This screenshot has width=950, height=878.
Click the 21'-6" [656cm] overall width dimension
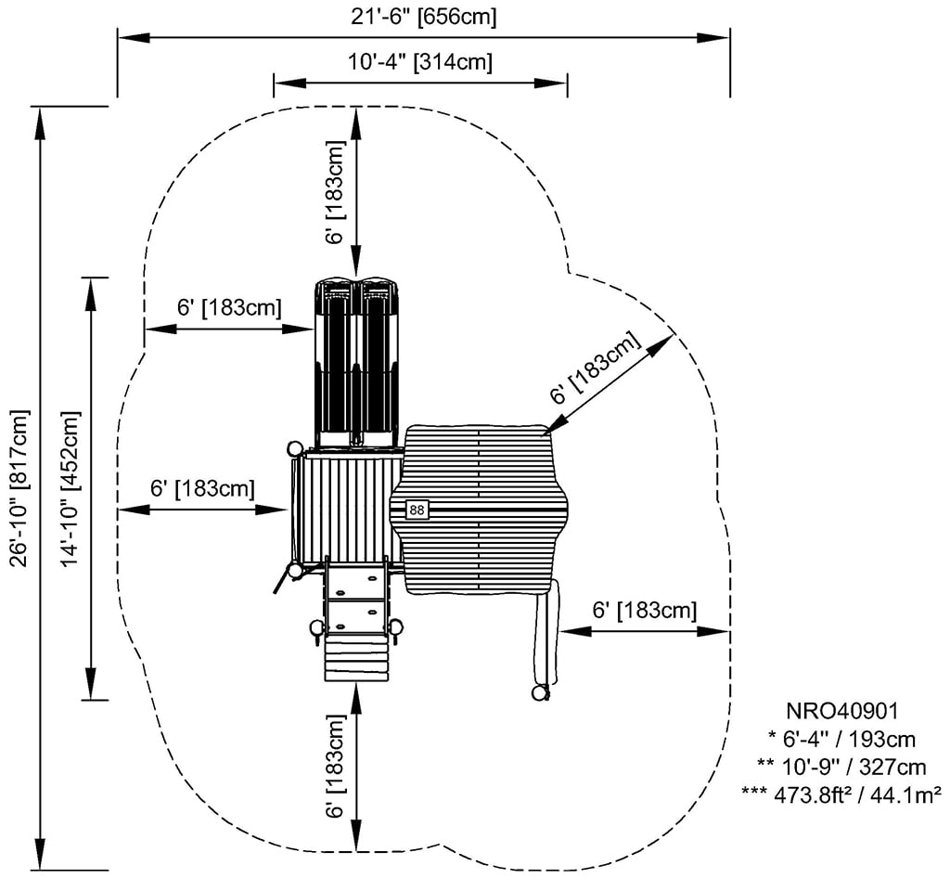pyautogui.click(x=422, y=17)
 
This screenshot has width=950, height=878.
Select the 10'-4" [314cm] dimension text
pyautogui.click(x=420, y=62)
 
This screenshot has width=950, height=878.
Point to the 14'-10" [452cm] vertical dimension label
pyautogui.click(x=69, y=487)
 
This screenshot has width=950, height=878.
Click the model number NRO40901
pyautogui.click(x=841, y=712)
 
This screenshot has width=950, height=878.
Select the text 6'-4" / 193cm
pyautogui.click(x=841, y=740)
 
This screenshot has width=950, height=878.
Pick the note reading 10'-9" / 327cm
pyautogui.click(x=841, y=767)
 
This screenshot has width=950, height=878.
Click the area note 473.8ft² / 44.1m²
pyautogui.click(x=841, y=794)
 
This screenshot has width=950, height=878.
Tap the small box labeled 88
pyautogui.click(x=417, y=510)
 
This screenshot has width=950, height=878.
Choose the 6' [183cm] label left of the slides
pyautogui.click(x=229, y=307)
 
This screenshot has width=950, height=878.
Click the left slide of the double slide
pyautogui.click(x=334, y=357)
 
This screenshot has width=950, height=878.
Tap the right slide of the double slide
pyautogui.click(x=379, y=357)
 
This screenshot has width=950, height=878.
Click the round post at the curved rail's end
pyautogui.click(x=539, y=692)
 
